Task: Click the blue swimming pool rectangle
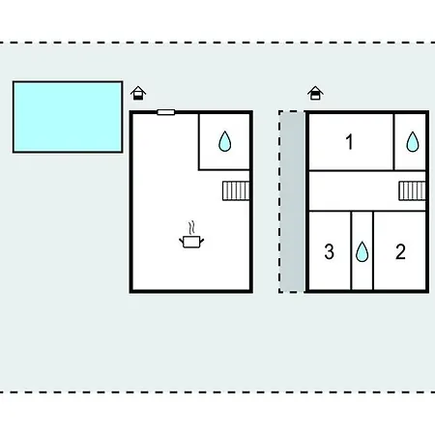coord(68,117)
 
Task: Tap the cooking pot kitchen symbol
coord(191,242)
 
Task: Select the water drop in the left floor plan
coord(224,141)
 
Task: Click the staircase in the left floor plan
coord(236,190)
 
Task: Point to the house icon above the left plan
coord(138,93)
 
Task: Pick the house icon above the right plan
coord(315,93)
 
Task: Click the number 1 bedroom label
coord(349,142)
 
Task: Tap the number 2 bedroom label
coord(400,251)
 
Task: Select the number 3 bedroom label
coord(329,251)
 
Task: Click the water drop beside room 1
coord(413,141)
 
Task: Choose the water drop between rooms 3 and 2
coord(362,251)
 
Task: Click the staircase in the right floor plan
coord(412,190)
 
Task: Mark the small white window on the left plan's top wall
coord(166,112)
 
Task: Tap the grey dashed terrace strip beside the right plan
coord(292,202)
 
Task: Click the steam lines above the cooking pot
coord(191,227)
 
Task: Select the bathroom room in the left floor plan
coord(224,141)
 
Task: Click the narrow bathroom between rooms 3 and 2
coord(362,250)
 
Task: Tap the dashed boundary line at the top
coord(217,43)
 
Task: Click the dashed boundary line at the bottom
coord(217,392)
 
